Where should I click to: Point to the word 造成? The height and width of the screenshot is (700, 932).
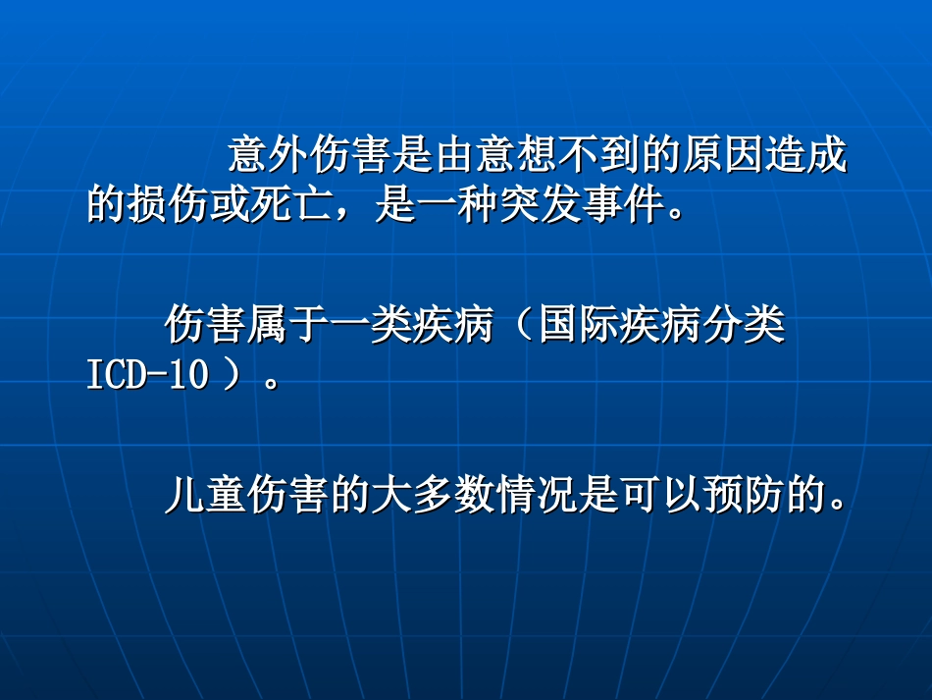804,155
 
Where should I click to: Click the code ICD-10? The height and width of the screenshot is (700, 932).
147,377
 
